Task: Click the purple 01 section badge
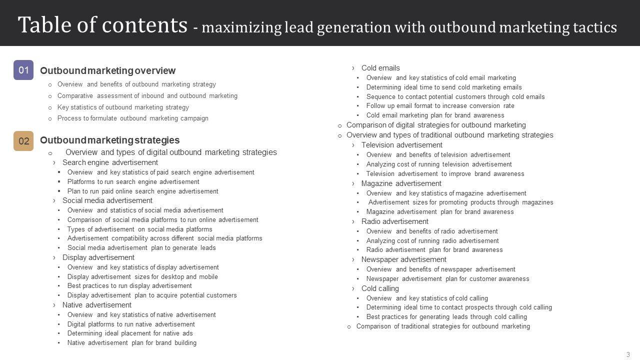pos(23,70)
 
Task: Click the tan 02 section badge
pos(23,141)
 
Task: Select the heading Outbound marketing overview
pos(107,71)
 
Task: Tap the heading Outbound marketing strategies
pos(109,140)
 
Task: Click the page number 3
pos(628,354)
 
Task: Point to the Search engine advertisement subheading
pos(110,162)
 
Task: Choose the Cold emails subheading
pos(380,68)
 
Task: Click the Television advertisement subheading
pos(401,145)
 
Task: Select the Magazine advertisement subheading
pos(401,183)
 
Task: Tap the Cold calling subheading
pos(380,288)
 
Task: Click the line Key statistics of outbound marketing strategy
pos(123,107)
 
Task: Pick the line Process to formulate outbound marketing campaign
pos(132,118)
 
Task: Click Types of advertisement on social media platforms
pos(139,229)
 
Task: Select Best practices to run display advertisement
pos(129,286)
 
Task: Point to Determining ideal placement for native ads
pos(130,333)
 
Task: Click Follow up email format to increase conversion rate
pos(440,106)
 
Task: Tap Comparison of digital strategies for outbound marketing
pos(436,125)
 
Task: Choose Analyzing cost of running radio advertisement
pos(432,240)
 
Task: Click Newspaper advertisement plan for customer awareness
pos(447,279)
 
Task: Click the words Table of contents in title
pos(102,25)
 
